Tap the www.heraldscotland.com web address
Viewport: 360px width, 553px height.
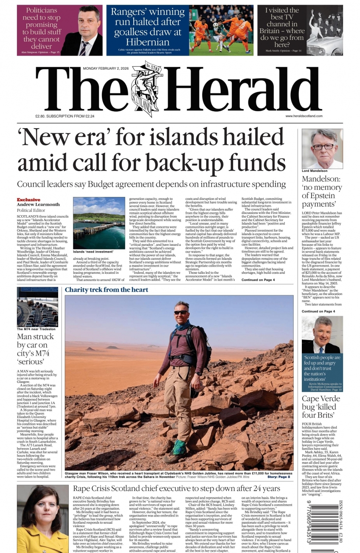[304, 116]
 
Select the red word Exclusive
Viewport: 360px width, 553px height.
[28, 199]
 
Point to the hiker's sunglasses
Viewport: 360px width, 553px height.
[181, 312]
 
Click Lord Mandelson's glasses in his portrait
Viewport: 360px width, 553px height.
[323, 147]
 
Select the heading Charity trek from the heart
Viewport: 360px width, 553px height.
[107, 290]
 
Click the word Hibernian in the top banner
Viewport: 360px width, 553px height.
[147, 42]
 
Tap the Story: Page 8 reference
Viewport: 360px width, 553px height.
[278, 477]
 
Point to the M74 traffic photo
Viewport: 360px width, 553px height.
[37, 306]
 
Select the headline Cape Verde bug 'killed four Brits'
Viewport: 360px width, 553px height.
[321, 407]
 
